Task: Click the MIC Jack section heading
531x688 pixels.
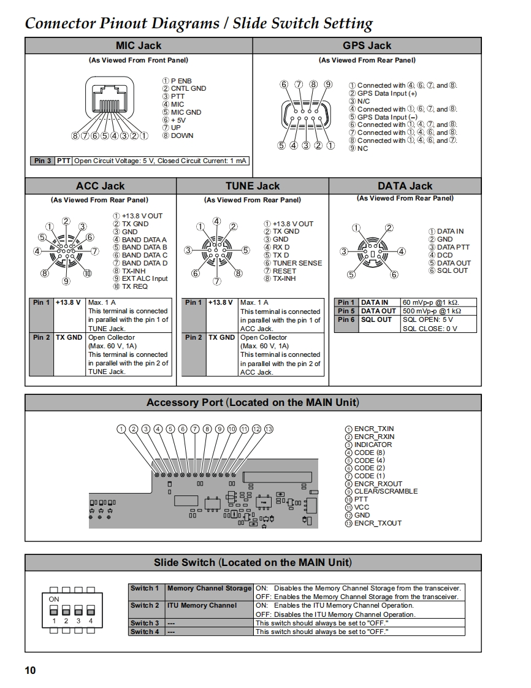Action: [139, 45]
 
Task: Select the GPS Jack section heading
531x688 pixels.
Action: [367, 45]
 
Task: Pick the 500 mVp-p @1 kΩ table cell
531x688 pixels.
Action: [432, 311]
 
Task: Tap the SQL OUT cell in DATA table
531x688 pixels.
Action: [376, 319]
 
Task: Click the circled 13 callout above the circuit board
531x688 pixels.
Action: [268, 429]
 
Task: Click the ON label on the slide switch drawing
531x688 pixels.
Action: [54, 599]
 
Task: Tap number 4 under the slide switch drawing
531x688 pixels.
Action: [91, 621]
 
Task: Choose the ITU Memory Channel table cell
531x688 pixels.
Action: [202, 605]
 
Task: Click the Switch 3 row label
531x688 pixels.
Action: [145, 623]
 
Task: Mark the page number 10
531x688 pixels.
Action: [30, 670]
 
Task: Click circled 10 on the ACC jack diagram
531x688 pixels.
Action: [88, 273]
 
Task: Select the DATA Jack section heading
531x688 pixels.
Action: [405, 186]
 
